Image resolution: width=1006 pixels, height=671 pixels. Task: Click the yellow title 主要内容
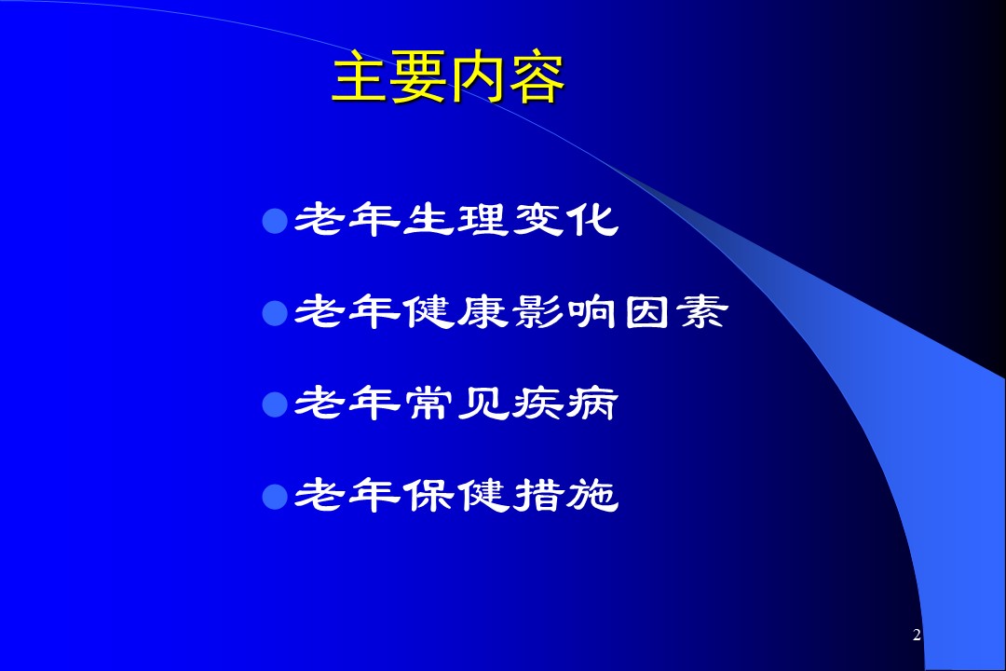[448, 78]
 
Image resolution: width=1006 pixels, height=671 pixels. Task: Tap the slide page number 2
[917, 635]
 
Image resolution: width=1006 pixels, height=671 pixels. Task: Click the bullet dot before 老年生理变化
[275, 221]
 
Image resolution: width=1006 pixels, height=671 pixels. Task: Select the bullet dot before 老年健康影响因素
[275, 313]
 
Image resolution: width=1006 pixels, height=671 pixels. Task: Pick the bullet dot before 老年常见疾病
[275, 405]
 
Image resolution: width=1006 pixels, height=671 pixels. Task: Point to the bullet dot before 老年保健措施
[275, 497]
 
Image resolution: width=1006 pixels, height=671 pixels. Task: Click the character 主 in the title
[360, 78]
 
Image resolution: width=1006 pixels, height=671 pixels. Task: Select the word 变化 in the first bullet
[565, 220]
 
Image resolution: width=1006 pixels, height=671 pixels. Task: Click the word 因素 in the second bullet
[676, 312]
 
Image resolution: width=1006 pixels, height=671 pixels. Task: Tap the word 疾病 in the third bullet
[565, 404]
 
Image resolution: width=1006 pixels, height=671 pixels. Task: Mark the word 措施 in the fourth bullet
[565, 496]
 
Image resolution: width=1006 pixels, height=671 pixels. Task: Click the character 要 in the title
[419, 78]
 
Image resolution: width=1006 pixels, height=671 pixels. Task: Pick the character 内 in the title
[477, 78]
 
